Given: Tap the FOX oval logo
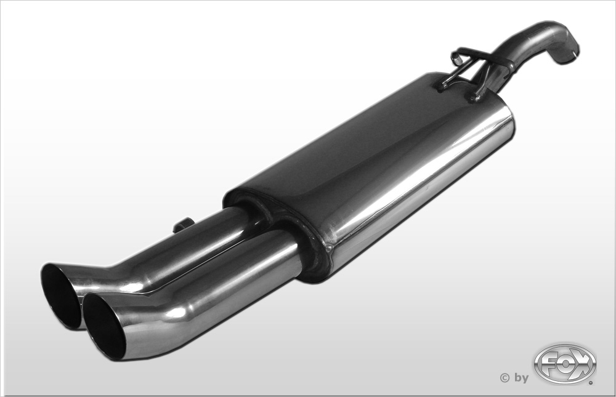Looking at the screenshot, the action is [x=565, y=364].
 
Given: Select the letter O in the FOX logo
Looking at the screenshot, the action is [x=564, y=364].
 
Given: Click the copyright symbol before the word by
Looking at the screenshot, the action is [x=505, y=378].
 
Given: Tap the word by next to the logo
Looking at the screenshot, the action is [x=522, y=378].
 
